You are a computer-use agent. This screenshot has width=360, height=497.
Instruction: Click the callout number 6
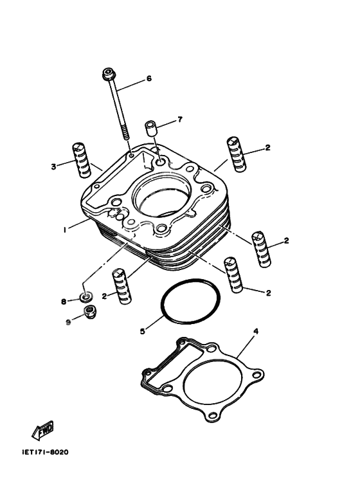click(x=148, y=79)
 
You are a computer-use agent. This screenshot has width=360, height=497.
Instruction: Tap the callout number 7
click(x=180, y=119)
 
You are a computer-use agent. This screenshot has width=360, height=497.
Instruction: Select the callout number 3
click(x=54, y=167)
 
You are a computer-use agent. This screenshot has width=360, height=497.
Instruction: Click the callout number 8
click(x=63, y=301)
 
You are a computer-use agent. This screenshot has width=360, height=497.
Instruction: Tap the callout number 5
click(x=143, y=332)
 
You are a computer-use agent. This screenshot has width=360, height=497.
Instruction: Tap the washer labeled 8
click(x=85, y=297)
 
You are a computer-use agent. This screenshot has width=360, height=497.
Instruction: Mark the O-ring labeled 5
click(x=191, y=302)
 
